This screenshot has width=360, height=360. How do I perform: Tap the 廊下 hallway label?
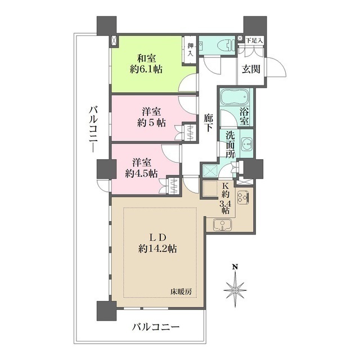tap(209, 123)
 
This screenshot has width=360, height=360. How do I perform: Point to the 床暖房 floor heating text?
tap(183, 291)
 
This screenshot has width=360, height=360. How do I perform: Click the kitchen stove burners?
tap(244, 198)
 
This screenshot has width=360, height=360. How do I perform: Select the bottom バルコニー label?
tap(156, 327)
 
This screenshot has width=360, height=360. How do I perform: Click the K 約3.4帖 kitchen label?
tap(224, 197)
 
